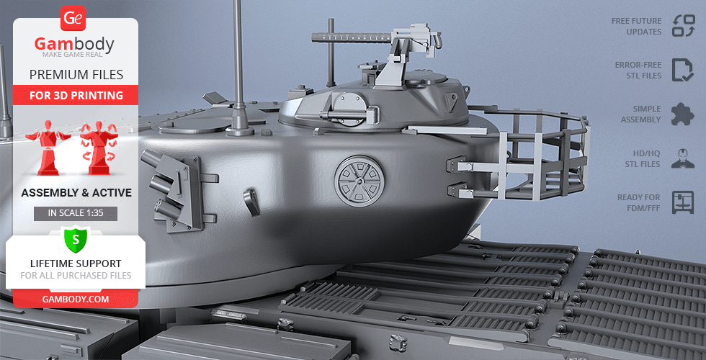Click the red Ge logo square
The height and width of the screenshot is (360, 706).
(73, 18)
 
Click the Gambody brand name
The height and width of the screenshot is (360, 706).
(74, 44)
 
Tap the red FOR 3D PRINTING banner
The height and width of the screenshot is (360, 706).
(76, 95)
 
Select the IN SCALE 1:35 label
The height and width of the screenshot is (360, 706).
(76, 213)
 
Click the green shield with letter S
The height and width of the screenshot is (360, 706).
(76, 239)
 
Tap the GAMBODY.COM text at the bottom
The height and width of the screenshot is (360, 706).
(76, 299)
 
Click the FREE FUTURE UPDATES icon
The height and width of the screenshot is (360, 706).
(684, 26)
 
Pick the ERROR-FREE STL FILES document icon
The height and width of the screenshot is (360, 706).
(683, 70)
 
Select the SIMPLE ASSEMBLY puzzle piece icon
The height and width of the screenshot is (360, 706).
(683, 114)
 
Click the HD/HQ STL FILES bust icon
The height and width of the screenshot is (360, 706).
(683, 158)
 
